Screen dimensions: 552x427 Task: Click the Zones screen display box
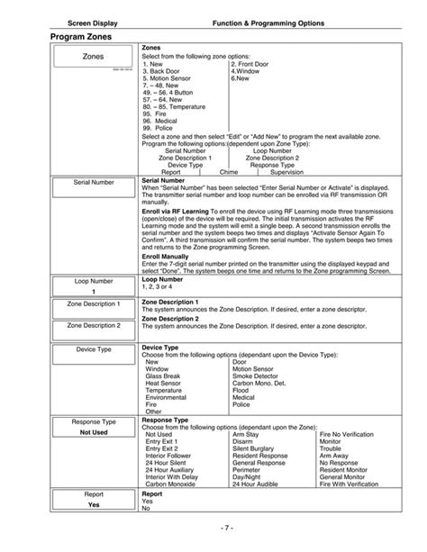tap(93, 56)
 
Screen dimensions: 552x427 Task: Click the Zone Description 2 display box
tap(93, 325)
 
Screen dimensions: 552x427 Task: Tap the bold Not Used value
tap(93, 431)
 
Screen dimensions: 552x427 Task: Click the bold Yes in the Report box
tap(93, 505)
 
